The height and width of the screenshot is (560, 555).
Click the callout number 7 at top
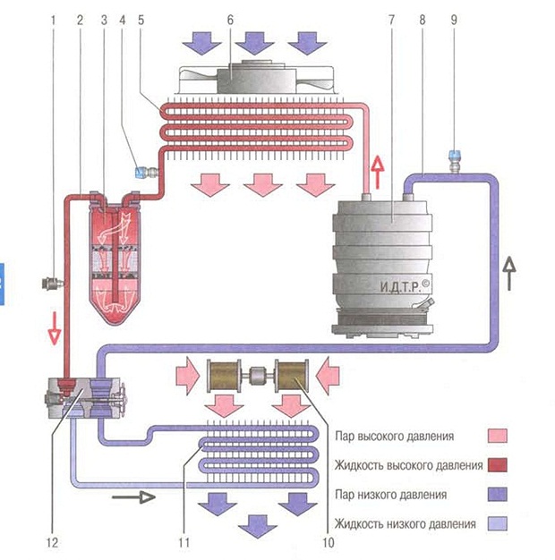click(x=392, y=20)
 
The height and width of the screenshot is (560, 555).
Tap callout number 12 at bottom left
click(x=52, y=543)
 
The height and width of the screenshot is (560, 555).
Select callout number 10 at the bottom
click(x=328, y=543)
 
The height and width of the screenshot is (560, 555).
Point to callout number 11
click(x=184, y=543)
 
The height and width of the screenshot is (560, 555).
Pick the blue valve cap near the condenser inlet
click(x=140, y=174)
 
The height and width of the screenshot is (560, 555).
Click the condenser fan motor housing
click(x=256, y=78)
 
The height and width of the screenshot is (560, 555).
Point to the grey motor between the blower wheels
click(x=257, y=378)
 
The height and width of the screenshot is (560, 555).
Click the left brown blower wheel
click(x=224, y=376)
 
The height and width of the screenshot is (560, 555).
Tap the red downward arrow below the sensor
click(x=55, y=328)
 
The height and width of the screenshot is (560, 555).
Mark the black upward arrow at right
click(x=509, y=274)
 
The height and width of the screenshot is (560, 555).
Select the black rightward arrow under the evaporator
click(x=133, y=496)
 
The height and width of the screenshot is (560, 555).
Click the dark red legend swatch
click(x=497, y=465)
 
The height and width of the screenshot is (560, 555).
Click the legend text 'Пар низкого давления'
click(x=390, y=495)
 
